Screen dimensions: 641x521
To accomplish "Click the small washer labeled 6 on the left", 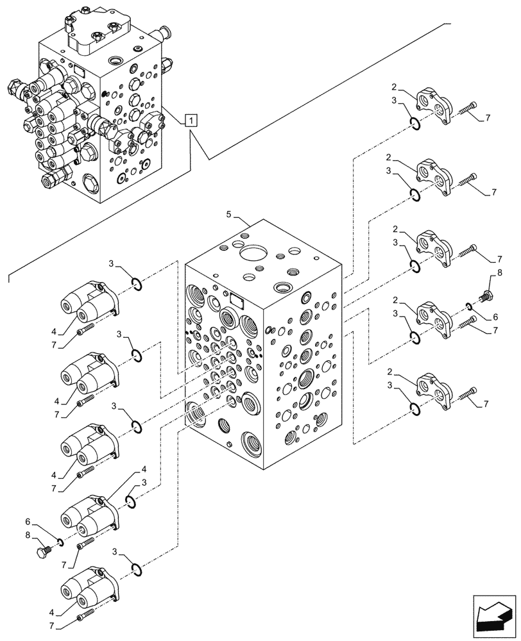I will point(60,543).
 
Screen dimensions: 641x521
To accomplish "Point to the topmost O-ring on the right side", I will point(414,124).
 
